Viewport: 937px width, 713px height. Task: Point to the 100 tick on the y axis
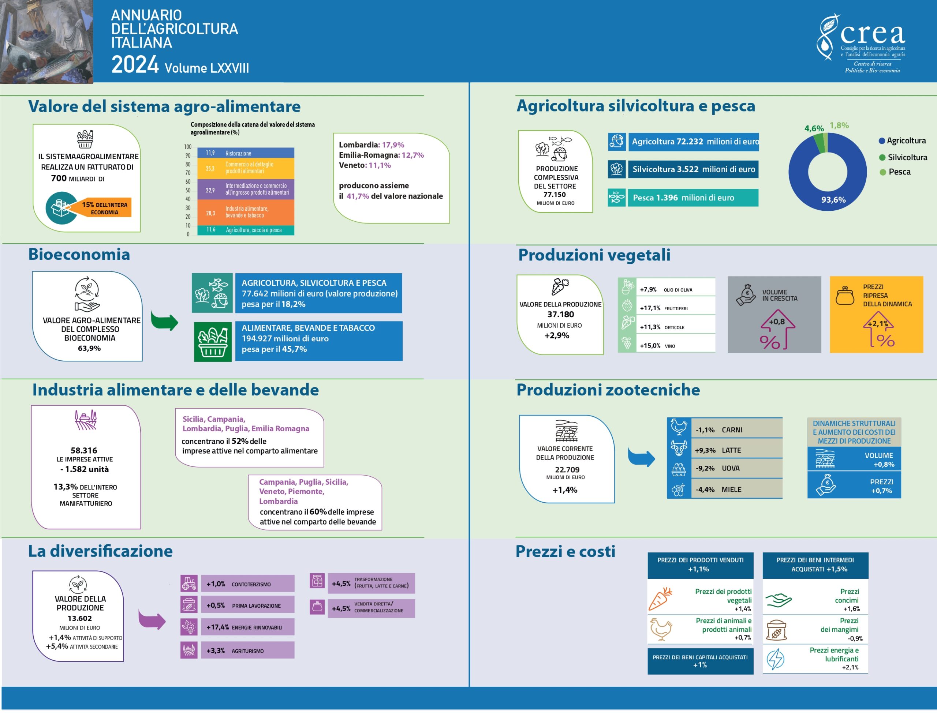pos(188,147)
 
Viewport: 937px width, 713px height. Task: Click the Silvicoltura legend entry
pos(903,157)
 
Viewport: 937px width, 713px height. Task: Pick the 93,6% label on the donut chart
pos(833,200)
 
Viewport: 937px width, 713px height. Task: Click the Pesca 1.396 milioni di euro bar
pos(683,198)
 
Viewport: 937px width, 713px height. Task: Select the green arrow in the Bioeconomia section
pos(164,321)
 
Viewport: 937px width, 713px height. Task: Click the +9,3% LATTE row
pos(724,450)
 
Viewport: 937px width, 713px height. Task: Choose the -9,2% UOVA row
pos(724,469)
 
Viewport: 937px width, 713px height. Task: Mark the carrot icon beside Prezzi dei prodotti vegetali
pos(661,599)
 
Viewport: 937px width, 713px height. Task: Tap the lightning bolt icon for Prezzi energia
pos(776,659)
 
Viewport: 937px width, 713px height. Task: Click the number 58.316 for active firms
pos(84,450)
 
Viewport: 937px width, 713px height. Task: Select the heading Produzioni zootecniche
pos(608,390)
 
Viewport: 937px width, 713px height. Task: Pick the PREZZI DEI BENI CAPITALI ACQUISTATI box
pos(700,661)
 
